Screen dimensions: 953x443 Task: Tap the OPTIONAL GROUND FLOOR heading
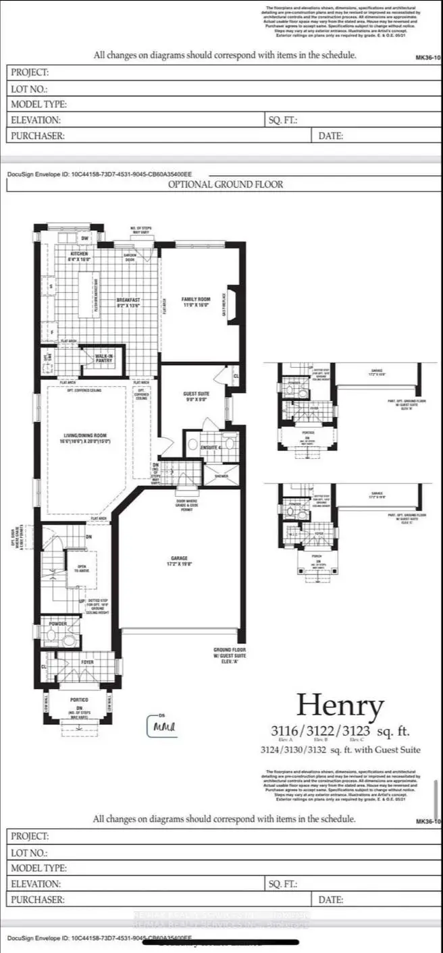click(x=226, y=184)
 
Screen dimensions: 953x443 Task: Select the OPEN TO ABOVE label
click(x=82, y=567)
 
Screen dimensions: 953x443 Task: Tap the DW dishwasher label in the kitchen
click(x=85, y=238)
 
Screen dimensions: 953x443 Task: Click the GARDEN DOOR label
click(x=130, y=257)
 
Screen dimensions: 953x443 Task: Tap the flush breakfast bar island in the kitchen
click(x=87, y=292)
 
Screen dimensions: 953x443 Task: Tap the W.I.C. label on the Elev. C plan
click(x=291, y=533)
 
